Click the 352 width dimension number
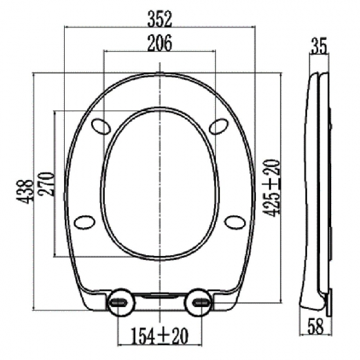pyautogui.click(x=160, y=19)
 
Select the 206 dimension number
pyautogui.click(x=160, y=43)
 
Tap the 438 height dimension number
pyautogui.click(x=25, y=192)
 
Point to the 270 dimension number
pyautogui.click(x=47, y=184)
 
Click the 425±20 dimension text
pyautogui.click(x=272, y=188)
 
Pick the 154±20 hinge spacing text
pyautogui.click(x=160, y=336)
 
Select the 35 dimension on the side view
pyautogui.click(x=319, y=46)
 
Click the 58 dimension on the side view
pyautogui.click(x=315, y=326)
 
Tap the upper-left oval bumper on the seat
pyautogui.click(x=101, y=126)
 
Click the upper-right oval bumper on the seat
pyautogui.click(x=219, y=126)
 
